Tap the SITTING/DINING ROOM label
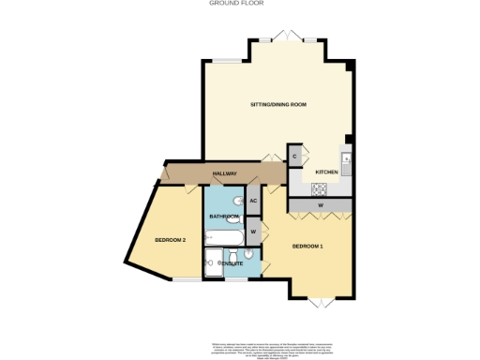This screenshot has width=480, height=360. coord(278,104)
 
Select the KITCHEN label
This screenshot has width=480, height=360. coord(325,172)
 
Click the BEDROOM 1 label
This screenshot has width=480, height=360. coord(307,246)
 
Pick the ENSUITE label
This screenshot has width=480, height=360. coord(231,264)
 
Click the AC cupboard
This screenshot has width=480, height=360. coord(253,201)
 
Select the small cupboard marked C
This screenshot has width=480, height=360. coord(295,156)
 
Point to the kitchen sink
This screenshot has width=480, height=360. coord(346,160)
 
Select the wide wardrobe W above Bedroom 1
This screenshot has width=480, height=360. coord(321,203)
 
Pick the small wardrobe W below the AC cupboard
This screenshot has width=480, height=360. coord(253,230)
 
